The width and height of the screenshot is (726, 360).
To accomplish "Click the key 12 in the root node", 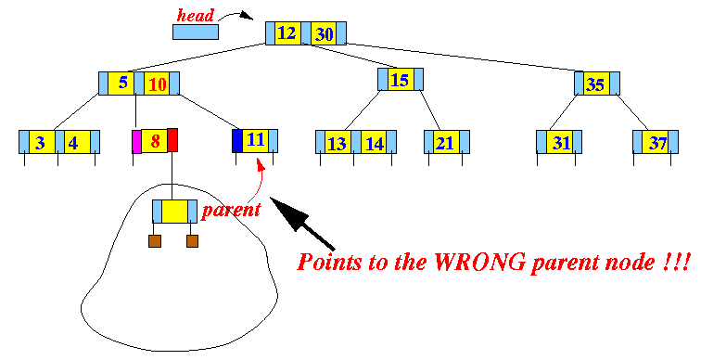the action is tap(287, 33).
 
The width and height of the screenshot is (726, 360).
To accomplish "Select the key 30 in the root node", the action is tap(324, 33).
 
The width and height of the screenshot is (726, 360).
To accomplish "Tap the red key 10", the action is tap(157, 84).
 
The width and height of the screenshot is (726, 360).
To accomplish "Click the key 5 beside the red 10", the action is tap(121, 84).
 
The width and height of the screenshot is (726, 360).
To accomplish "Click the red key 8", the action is tap(154, 141).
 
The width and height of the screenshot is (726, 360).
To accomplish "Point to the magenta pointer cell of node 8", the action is tap(136, 141).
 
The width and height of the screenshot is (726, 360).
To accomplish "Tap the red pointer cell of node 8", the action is tap(172, 140).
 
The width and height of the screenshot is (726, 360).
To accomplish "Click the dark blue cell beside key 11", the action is tap(237, 141).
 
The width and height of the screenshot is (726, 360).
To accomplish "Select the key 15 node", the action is tap(401, 79).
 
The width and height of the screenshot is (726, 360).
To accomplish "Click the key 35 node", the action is tap(597, 84).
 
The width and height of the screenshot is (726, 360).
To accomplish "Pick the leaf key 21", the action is tap(446, 142).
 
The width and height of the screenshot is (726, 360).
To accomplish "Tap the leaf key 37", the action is tap(656, 142).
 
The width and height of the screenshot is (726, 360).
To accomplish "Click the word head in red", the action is tap(196, 16).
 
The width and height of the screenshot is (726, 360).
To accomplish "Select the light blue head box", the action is tap(196, 32).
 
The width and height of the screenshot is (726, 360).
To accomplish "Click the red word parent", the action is tap(232, 211).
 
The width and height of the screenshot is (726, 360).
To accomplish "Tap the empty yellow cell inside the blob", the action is tap(174, 212).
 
